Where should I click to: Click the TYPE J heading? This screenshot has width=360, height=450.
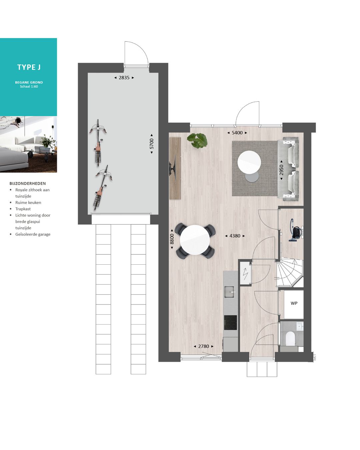(29, 67)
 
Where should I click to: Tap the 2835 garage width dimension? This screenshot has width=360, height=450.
(124, 78)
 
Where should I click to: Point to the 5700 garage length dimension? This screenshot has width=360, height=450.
(152, 144)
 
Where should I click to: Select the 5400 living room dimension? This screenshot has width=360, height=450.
(237, 133)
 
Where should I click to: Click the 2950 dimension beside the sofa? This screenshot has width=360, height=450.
(281, 170)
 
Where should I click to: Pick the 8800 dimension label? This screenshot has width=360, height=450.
(172, 239)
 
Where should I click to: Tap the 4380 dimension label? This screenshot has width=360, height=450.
(235, 236)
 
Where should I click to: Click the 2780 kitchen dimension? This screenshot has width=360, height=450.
(204, 346)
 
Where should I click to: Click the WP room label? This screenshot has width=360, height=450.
(294, 303)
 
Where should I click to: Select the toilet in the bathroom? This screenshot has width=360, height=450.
(291, 338)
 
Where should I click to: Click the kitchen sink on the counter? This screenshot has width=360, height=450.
(230, 292)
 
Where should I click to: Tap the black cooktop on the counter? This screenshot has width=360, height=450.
(230, 323)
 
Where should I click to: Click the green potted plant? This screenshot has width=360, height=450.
(197, 140)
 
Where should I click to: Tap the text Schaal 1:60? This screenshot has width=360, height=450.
(29, 87)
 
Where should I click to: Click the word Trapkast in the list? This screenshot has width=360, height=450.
(23, 209)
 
